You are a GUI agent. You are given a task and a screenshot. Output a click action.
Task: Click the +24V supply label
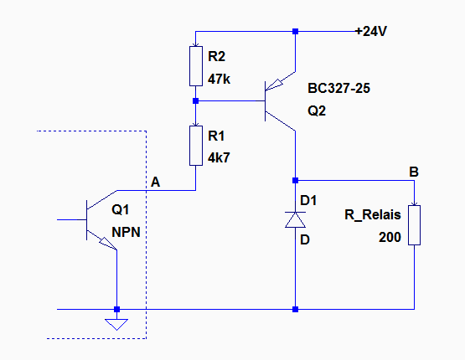[x=371, y=31]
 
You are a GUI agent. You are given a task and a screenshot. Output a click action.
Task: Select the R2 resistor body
[x=196, y=66]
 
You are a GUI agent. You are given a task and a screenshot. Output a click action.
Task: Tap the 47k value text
[x=220, y=79]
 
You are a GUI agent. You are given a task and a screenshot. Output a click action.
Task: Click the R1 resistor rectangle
[x=196, y=146]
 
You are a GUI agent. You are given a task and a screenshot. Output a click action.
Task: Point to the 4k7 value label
[x=219, y=158]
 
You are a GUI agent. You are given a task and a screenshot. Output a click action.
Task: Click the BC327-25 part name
[x=339, y=88]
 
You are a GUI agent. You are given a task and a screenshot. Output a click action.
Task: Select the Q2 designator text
[x=317, y=111]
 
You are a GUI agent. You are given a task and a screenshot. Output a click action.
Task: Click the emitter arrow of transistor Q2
[x=274, y=85]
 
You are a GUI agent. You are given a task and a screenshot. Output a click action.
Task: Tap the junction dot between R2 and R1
[x=196, y=101]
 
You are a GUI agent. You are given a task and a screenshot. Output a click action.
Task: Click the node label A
[x=155, y=182]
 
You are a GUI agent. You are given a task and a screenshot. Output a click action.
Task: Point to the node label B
[x=414, y=172]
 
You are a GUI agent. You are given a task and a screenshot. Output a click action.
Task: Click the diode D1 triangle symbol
[x=296, y=220]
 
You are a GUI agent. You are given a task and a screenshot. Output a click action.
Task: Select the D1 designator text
[x=308, y=201]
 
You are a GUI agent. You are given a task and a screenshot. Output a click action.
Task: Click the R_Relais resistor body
[x=414, y=225]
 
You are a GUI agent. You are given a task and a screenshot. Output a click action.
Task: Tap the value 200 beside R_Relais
[x=390, y=237]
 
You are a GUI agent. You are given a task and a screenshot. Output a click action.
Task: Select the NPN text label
[x=126, y=232]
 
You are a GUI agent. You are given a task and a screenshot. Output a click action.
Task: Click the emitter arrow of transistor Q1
[x=108, y=243]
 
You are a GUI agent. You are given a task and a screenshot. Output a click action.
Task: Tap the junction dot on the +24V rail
[x=296, y=32]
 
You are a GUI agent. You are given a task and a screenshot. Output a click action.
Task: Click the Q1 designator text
[x=121, y=210]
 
